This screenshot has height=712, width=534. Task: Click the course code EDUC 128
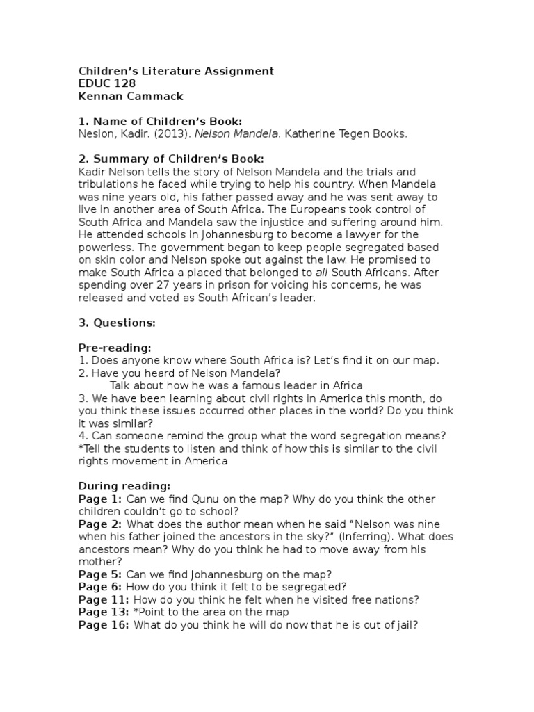pyautogui.click(x=106, y=83)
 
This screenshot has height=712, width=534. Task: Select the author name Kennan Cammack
pyautogui.click(x=130, y=96)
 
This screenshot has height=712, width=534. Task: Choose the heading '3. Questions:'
pyautogui.click(x=117, y=323)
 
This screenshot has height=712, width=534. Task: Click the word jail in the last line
pyautogui.click(x=404, y=624)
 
